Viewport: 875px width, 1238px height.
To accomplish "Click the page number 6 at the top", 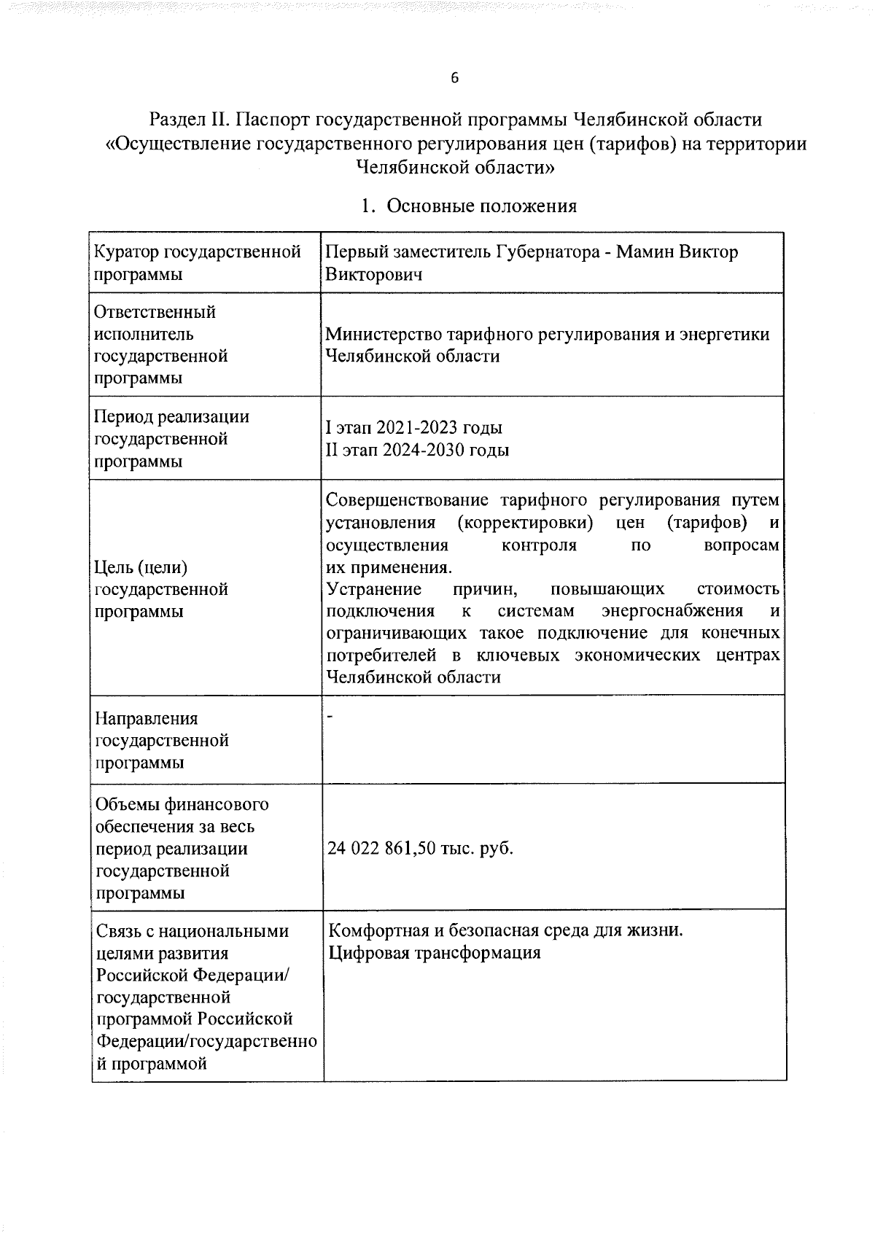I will [x=454, y=79].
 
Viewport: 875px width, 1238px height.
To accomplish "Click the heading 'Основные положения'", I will [x=481, y=206].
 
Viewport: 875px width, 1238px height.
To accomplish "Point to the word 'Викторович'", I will [x=373, y=275].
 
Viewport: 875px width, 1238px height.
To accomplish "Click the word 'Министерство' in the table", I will [x=386, y=335].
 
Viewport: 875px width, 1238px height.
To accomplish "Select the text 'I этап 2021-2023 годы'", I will [x=413, y=428].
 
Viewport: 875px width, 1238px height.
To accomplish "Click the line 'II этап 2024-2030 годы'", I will [x=417, y=450].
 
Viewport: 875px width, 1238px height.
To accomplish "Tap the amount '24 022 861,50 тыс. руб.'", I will [x=420, y=849].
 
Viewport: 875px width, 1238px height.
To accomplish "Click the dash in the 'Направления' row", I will [x=330, y=719].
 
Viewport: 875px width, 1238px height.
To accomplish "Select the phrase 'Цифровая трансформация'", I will [x=435, y=954].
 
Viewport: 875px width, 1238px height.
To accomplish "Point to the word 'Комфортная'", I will [x=377, y=931].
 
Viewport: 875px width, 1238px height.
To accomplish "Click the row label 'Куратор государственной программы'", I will [x=198, y=263].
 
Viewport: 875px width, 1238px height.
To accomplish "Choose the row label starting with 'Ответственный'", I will [x=155, y=312].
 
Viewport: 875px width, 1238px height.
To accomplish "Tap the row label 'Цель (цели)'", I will [x=141, y=567].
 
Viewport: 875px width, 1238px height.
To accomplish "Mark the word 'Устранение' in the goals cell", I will [x=374, y=589].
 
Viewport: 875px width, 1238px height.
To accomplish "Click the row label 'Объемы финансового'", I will [x=182, y=805].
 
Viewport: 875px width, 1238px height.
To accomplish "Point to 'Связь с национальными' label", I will [x=192, y=932].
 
